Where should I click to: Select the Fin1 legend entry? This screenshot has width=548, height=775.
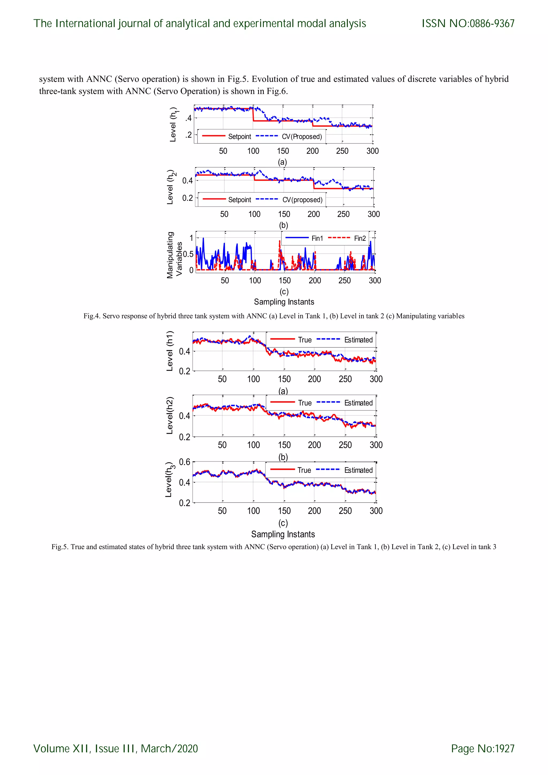click(317, 238)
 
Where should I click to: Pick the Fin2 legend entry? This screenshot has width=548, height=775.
click(360, 238)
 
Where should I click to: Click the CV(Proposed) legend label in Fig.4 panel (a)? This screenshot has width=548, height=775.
click(302, 137)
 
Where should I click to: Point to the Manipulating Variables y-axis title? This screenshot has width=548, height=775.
click(174, 255)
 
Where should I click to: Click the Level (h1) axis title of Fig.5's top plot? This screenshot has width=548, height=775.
click(170, 351)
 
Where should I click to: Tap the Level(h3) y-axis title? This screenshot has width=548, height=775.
click(170, 480)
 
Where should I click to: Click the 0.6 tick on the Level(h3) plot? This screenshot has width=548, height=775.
click(185, 462)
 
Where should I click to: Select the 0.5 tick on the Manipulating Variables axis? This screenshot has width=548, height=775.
click(188, 254)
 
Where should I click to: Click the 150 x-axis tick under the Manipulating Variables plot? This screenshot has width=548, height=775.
click(284, 280)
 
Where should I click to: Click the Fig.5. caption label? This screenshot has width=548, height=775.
click(60, 547)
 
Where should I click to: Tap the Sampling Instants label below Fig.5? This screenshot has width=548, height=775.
click(283, 534)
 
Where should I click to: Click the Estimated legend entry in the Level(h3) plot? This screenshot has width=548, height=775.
click(358, 470)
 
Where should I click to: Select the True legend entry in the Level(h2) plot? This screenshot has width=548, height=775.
click(305, 403)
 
